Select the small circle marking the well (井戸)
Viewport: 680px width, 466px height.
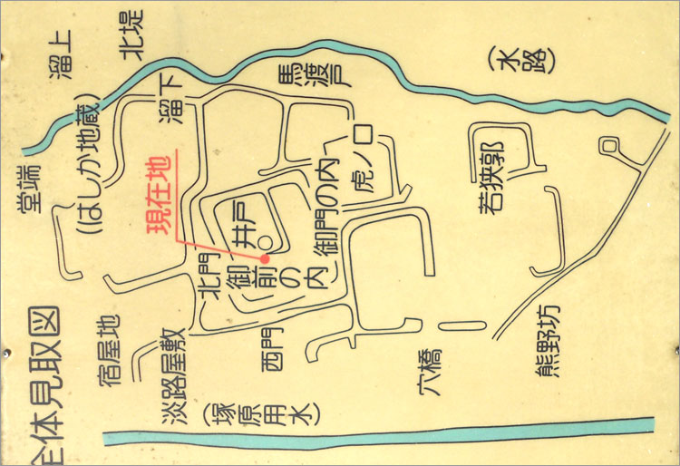pos(263,243)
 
